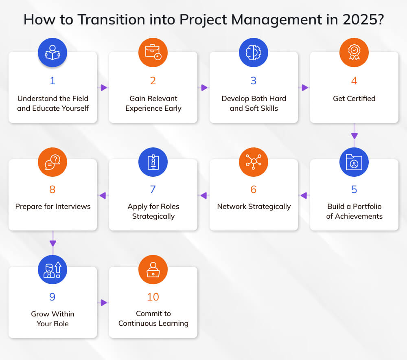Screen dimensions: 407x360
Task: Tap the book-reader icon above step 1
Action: pyautogui.click(x=53, y=53)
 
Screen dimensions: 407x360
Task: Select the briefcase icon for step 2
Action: pyautogui.click(x=153, y=53)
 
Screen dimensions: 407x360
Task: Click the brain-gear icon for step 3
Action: pyautogui.click(x=253, y=53)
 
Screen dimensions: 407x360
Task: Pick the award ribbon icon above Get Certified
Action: pyautogui.click(x=354, y=53)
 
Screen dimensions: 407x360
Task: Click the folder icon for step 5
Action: pyautogui.click(x=354, y=162)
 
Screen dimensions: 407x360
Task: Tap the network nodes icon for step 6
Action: pyautogui.click(x=253, y=162)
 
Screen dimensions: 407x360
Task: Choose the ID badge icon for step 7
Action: pyautogui.click(x=153, y=162)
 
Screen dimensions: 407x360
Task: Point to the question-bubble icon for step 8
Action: pyautogui.click(x=53, y=162)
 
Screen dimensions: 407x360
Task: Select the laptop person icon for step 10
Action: pyautogui.click(x=153, y=270)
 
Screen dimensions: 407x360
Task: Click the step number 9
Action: pyautogui.click(x=53, y=297)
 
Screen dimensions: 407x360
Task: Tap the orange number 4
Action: pyautogui.click(x=354, y=81)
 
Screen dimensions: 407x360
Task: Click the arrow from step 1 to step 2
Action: pyautogui.click(x=103, y=88)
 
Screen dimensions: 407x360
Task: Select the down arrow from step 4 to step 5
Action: pyautogui.click(x=354, y=132)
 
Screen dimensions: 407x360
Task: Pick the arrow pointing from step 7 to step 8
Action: pyautogui.click(x=103, y=195)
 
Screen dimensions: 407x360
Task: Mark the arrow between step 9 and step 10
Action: pyautogui.click(x=103, y=303)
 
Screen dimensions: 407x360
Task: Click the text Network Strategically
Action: pyautogui.click(x=254, y=207)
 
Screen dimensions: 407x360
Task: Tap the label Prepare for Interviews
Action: pyautogui.click(x=53, y=206)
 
